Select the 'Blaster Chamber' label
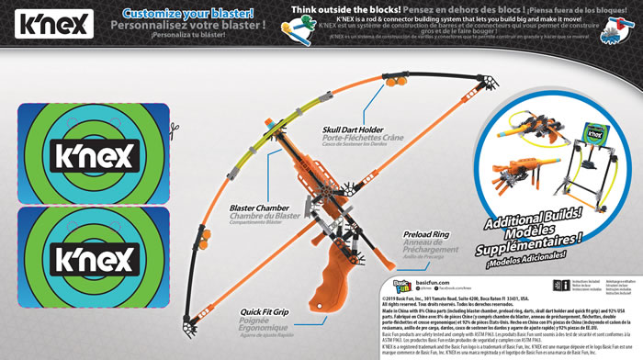tap(257, 208)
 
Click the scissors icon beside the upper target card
tap(171, 120)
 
